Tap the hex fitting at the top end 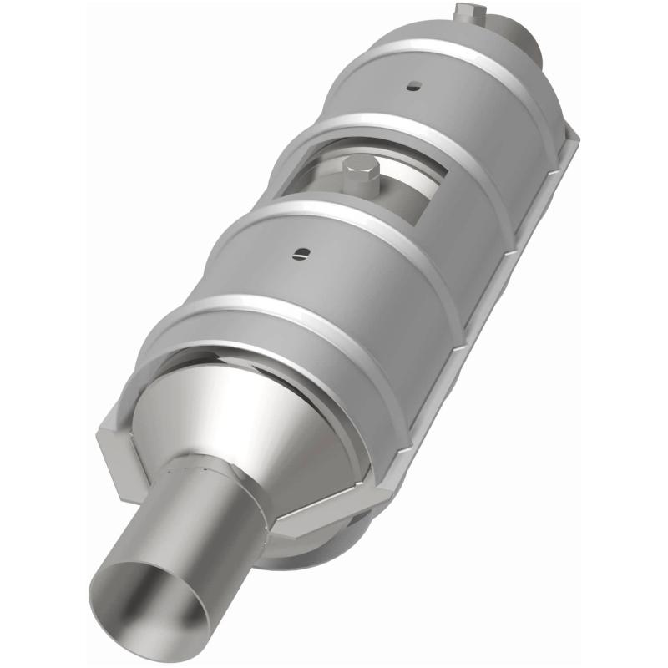(469, 12)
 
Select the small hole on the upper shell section (412, 85)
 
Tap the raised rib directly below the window (334, 219)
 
